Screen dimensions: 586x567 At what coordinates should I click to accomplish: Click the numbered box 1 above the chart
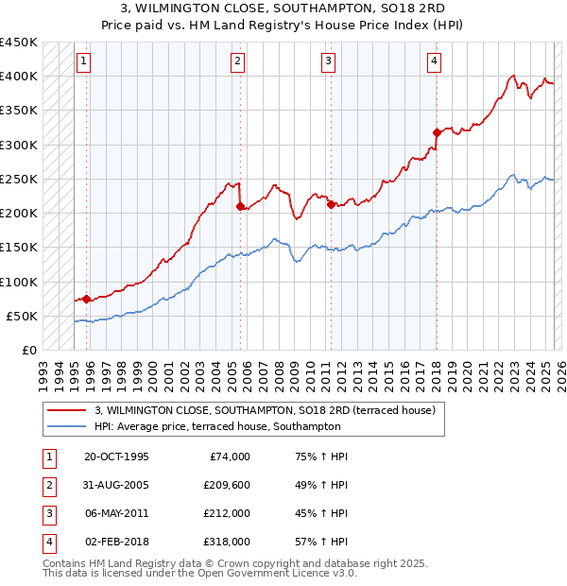(83, 62)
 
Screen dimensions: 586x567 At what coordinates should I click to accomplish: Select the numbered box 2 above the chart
(236, 62)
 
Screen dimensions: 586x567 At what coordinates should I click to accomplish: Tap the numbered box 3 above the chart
(328, 62)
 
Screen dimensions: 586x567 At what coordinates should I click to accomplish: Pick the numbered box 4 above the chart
(434, 62)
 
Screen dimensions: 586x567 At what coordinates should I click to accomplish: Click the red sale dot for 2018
(437, 132)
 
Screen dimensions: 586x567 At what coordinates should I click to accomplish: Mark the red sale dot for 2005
(240, 206)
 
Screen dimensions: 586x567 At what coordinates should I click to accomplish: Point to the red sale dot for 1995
(87, 299)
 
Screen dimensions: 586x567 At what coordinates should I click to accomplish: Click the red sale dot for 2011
(331, 204)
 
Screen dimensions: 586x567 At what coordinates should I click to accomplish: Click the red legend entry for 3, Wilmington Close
(264, 410)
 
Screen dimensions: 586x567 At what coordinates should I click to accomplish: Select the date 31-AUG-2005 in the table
(116, 485)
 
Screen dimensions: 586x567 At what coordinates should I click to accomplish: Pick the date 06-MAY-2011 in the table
(116, 513)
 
